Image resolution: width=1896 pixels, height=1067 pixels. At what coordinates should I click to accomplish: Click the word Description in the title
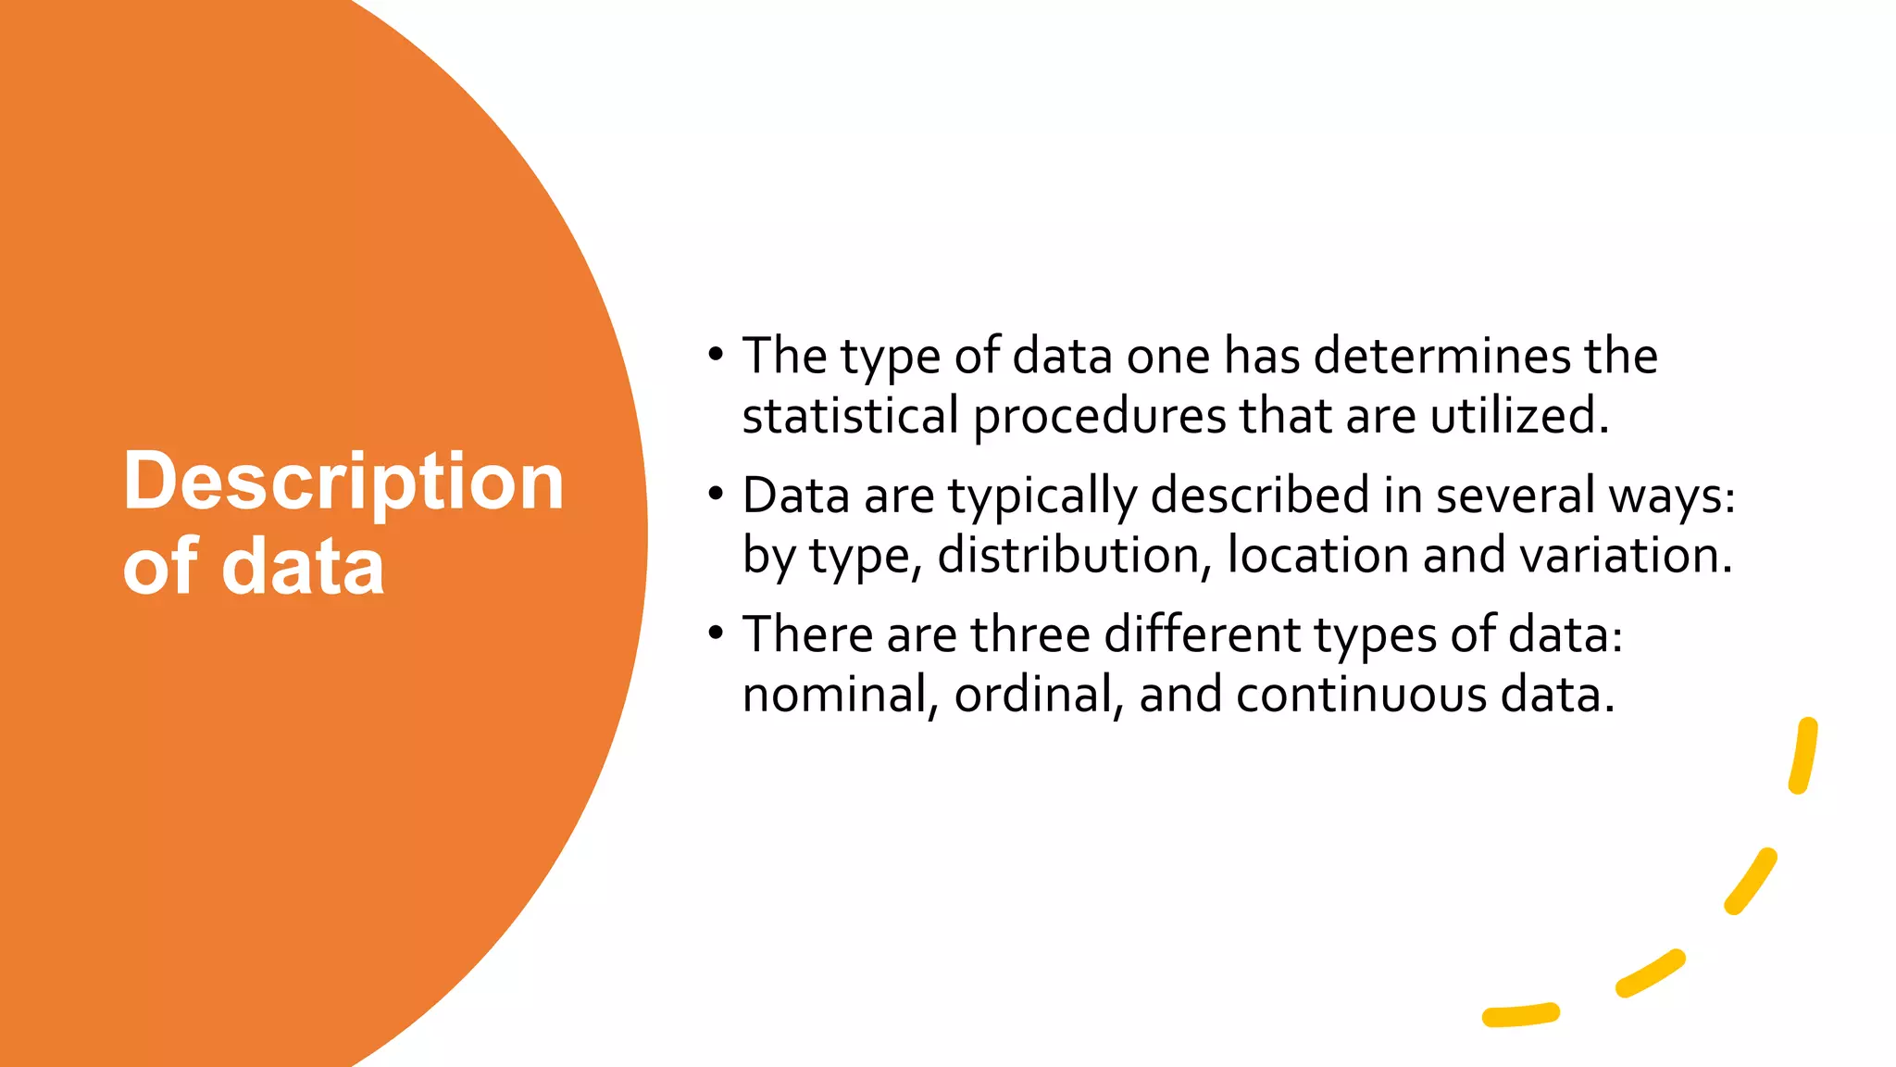click(343, 483)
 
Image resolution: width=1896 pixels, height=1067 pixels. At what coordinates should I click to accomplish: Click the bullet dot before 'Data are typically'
click(715, 493)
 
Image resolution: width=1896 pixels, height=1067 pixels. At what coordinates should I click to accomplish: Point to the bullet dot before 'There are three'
click(715, 633)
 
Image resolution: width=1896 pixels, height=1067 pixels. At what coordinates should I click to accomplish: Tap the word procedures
click(1099, 417)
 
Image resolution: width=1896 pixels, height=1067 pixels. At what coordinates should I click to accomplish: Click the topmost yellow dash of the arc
click(1803, 755)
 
